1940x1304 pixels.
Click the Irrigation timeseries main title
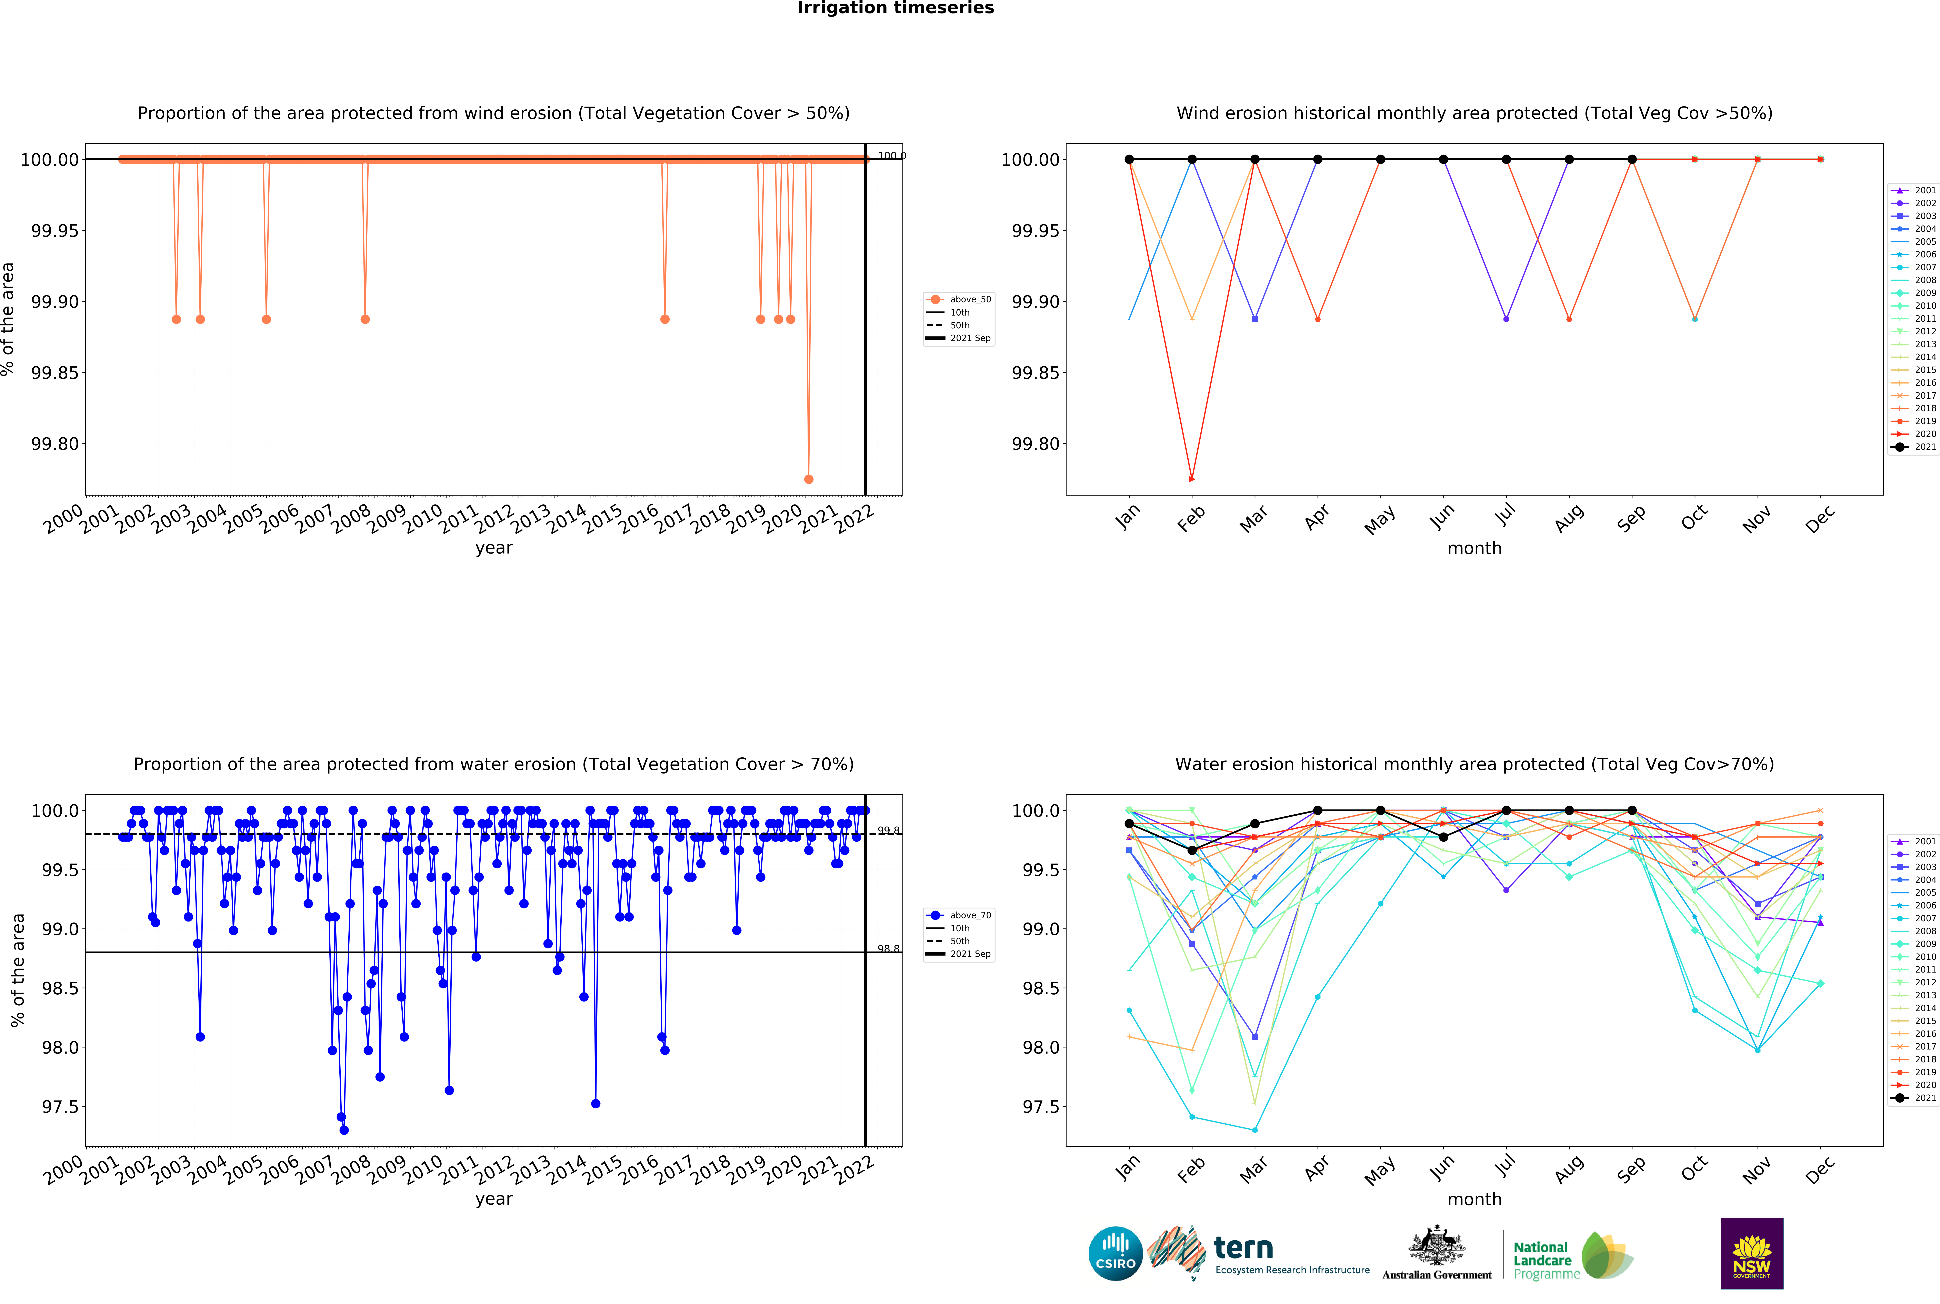(x=896, y=8)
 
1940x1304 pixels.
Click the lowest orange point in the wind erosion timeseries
(x=808, y=479)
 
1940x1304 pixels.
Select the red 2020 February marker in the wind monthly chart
(x=1192, y=479)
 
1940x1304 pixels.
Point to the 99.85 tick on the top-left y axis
(x=55, y=372)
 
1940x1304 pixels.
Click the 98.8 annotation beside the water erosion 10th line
(x=888, y=949)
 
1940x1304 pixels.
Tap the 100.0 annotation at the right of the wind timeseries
(x=891, y=156)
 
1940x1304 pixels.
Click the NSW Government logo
(x=1751, y=1253)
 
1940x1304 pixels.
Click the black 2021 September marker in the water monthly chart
(x=1631, y=810)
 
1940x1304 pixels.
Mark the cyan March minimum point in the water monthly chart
(x=1255, y=1130)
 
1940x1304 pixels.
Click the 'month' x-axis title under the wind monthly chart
(x=1474, y=548)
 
